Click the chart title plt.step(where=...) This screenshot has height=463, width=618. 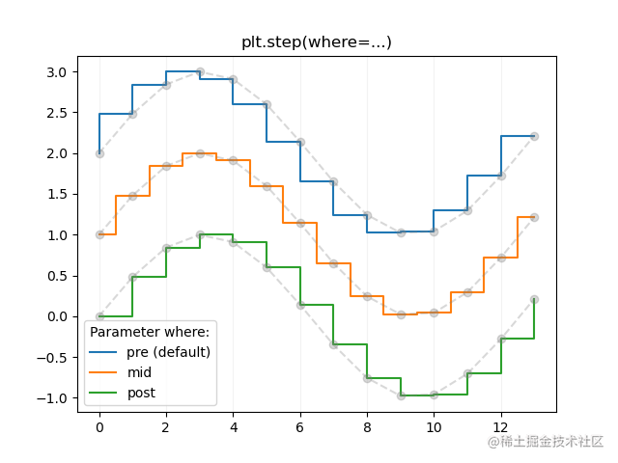click(316, 42)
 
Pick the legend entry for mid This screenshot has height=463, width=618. click(140, 372)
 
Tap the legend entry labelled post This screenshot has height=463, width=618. click(141, 393)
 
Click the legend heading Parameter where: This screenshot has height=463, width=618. click(150, 332)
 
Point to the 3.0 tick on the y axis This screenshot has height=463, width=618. click(57, 72)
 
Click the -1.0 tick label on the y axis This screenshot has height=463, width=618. click(53, 397)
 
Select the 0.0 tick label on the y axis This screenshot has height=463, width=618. click(57, 316)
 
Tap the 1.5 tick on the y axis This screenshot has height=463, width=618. click(57, 194)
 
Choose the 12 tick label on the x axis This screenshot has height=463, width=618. click(501, 428)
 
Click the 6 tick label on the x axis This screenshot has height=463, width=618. click(300, 428)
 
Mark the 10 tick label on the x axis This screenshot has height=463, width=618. click(434, 428)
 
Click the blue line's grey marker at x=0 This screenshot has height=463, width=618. click(99, 153)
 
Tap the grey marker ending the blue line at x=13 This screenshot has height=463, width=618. click(534, 136)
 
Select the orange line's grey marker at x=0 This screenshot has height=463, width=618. click(99, 234)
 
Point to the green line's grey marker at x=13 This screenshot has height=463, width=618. click(534, 299)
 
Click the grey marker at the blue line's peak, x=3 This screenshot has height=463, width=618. click(200, 72)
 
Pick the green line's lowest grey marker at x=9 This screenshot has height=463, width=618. click(401, 395)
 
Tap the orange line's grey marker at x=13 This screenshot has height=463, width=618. click(534, 217)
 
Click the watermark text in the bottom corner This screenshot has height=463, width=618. click(546, 442)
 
